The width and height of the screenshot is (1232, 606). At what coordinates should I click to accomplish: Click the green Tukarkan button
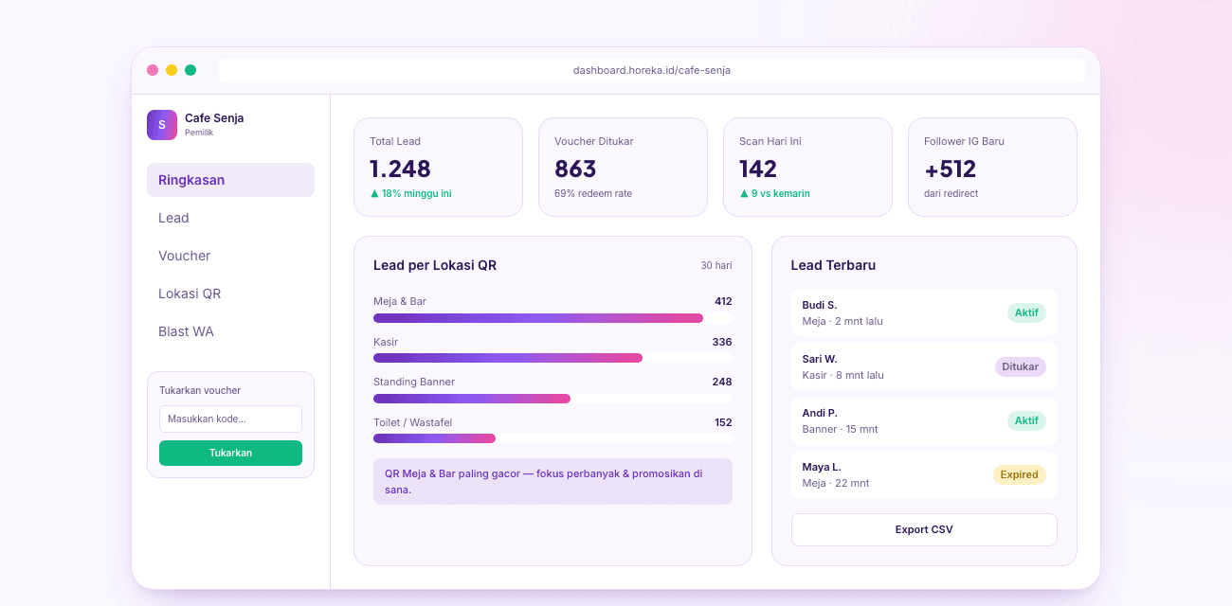[x=230, y=453]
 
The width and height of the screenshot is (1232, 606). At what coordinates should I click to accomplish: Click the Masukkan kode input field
[x=230, y=419]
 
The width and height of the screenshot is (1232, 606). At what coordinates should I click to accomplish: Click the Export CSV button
[x=924, y=529]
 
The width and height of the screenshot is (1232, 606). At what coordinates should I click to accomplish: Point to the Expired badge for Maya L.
[x=1019, y=474]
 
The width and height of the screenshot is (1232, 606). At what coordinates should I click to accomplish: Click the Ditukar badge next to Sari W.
[x=1021, y=366]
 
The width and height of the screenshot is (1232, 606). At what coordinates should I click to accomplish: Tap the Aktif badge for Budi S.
[x=1026, y=312]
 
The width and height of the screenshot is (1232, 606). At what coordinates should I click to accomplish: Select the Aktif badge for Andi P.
[x=1026, y=420]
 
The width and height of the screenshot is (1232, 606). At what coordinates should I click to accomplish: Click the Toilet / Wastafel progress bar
[x=553, y=438]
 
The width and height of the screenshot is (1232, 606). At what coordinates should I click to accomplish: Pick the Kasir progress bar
[x=553, y=358]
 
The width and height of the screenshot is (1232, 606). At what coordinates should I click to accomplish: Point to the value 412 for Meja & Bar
[x=723, y=301]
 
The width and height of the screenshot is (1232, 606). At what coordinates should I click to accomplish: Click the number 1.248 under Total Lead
[x=400, y=169]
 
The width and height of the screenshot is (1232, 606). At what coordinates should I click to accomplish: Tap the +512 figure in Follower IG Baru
[x=950, y=169]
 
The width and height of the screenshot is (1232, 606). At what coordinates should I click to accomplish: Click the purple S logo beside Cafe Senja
[x=162, y=125]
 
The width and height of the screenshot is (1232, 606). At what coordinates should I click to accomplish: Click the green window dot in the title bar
[x=190, y=70]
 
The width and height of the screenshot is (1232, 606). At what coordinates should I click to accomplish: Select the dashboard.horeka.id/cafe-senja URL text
[x=652, y=70]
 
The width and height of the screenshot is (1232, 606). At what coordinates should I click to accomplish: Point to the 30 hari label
[x=716, y=265]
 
